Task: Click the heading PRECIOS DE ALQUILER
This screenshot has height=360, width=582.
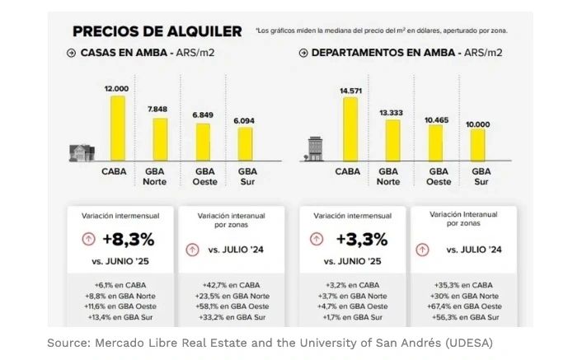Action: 157,31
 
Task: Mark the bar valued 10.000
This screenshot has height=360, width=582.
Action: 477,145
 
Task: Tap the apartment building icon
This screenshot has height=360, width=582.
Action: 314,150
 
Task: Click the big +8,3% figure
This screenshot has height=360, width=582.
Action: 128,240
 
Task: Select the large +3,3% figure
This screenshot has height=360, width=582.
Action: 361,240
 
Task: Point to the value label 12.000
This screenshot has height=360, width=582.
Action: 116,89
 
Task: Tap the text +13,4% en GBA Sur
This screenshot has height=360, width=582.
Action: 120,317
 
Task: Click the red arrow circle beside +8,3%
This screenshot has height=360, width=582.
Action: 87,240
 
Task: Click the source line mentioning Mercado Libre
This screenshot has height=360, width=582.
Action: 270,343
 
